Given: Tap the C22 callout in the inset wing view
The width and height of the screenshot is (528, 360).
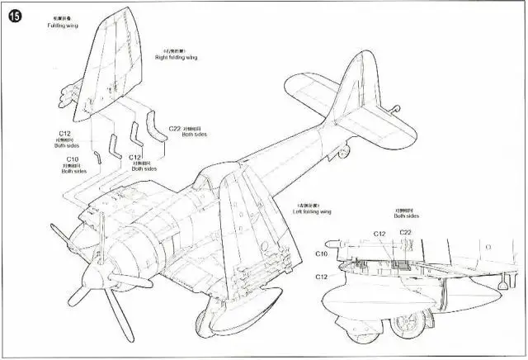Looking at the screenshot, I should click(406, 233).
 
